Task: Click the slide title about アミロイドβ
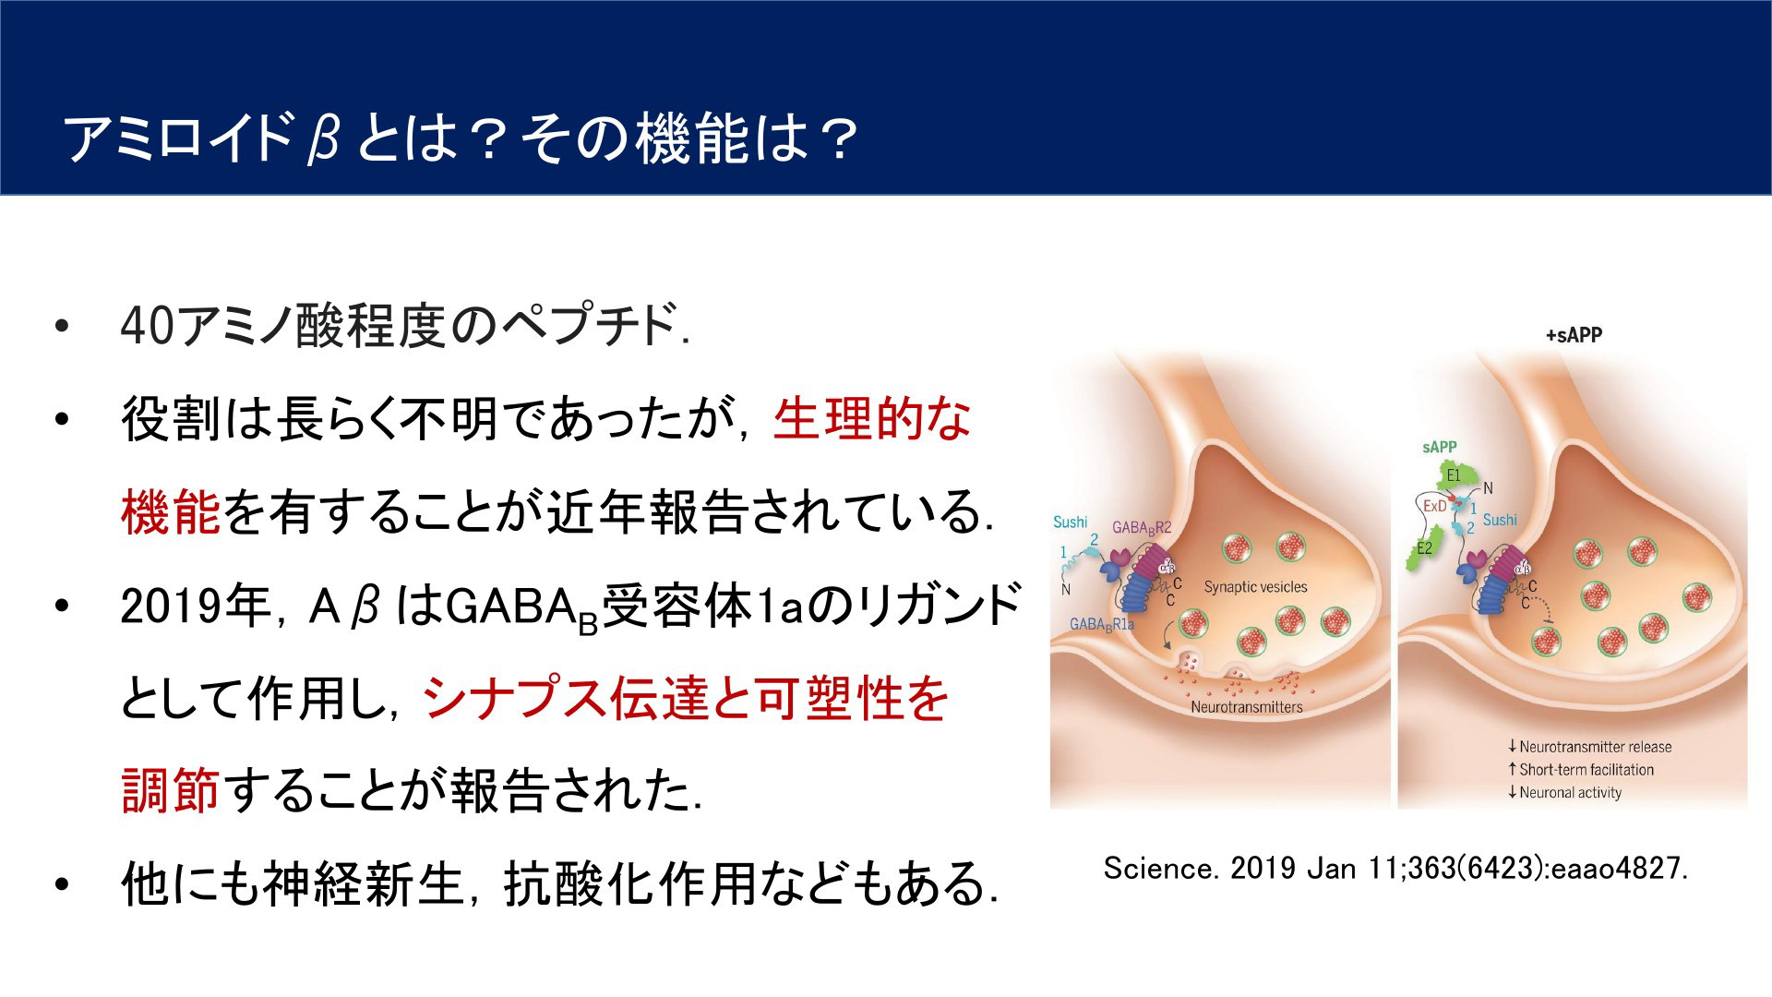pos(462,140)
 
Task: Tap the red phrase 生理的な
pos(872,419)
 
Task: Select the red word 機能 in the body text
pos(171,512)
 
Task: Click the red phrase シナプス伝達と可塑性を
pos(686,698)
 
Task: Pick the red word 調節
pos(171,791)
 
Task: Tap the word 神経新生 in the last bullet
pos(363,883)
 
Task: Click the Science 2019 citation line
pos(1395,869)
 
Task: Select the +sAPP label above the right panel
pos(1574,335)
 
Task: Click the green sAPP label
pos(1440,447)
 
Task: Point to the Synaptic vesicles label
pos(1255,587)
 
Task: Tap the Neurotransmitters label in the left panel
pos(1246,707)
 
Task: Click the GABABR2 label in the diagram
pos(1142,528)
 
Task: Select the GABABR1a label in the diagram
pos(1102,625)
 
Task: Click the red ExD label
pos(1434,506)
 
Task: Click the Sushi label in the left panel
pos(1071,523)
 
